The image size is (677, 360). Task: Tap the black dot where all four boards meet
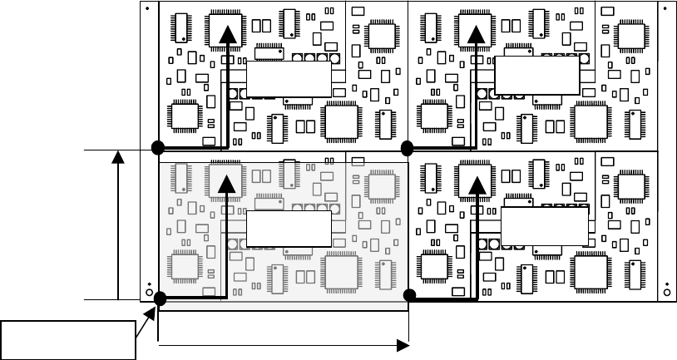pyautogui.click(x=408, y=149)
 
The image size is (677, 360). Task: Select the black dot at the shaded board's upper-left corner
pyautogui.click(x=157, y=149)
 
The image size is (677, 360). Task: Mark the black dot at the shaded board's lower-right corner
pyautogui.click(x=409, y=296)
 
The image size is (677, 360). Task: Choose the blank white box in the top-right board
pyautogui.click(x=536, y=76)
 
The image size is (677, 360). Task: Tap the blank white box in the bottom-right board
pyautogui.click(x=545, y=226)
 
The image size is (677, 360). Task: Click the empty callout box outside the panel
pyautogui.click(x=68, y=339)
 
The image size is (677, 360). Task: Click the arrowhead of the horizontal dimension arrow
pyautogui.click(x=403, y=343)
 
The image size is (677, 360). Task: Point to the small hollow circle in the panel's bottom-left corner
pyautogui.click(x=149, y=293)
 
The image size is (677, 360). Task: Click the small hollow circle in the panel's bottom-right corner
pyautogui.click(x=668, y=293)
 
